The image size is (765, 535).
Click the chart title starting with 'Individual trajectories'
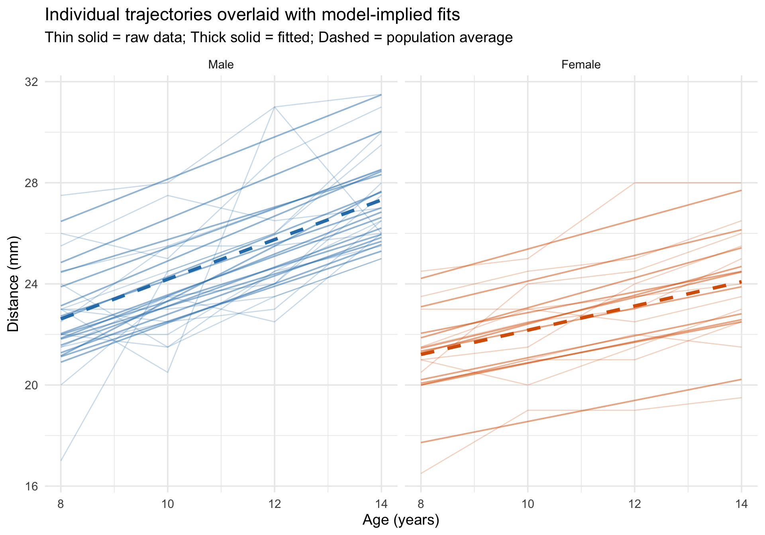tap(252, 15)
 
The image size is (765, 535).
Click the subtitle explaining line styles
tap(279, 37)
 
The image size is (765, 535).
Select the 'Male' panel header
tap(221, 64)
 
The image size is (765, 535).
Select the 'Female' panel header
tap(581, 64)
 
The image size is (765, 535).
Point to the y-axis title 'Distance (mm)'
tap(13, 284)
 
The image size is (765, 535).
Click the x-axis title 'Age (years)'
tap(401, 520)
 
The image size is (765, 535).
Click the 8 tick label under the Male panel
tap(61, 504)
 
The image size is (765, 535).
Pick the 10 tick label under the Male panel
tap(167, 504)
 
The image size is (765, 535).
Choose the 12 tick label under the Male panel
tap(274, 504)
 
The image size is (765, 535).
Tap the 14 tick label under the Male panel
tap(381, 504)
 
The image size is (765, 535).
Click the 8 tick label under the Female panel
tap(421, 504)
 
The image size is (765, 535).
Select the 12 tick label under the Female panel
tap(634, 504)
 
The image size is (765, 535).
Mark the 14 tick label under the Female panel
tap(741, 504)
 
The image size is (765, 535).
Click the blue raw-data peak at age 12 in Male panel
tap(274, 107)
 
